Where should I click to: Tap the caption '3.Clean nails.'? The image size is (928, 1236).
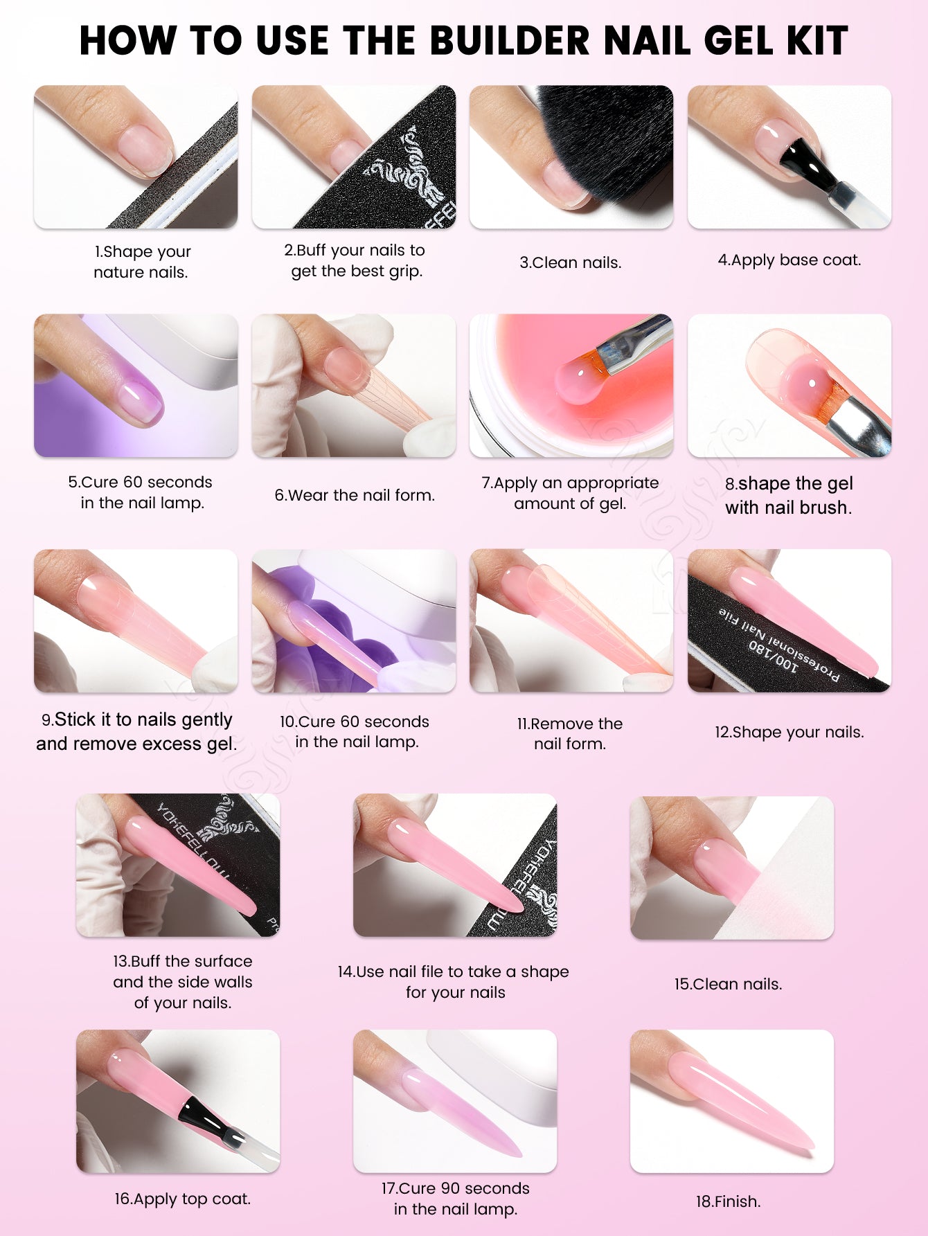click(x=571, y=263)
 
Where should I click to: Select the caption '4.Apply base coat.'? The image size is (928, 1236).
click(x=789, y=260)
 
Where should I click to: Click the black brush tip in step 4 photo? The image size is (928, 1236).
click(x=803, y=159)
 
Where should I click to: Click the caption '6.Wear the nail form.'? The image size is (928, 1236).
click(x=355, y=495)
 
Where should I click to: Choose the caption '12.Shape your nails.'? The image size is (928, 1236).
click(x=789, y=732)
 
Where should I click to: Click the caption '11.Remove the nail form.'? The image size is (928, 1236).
click(x=570, y=733)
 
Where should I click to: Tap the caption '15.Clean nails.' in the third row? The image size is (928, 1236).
click(x=729, y=984)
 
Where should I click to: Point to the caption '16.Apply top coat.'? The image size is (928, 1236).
click(x=183, y=1199)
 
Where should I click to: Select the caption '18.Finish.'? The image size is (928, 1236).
click(x=729, y=1201)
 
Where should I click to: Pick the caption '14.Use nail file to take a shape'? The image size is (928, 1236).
click(x=454, y=971)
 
